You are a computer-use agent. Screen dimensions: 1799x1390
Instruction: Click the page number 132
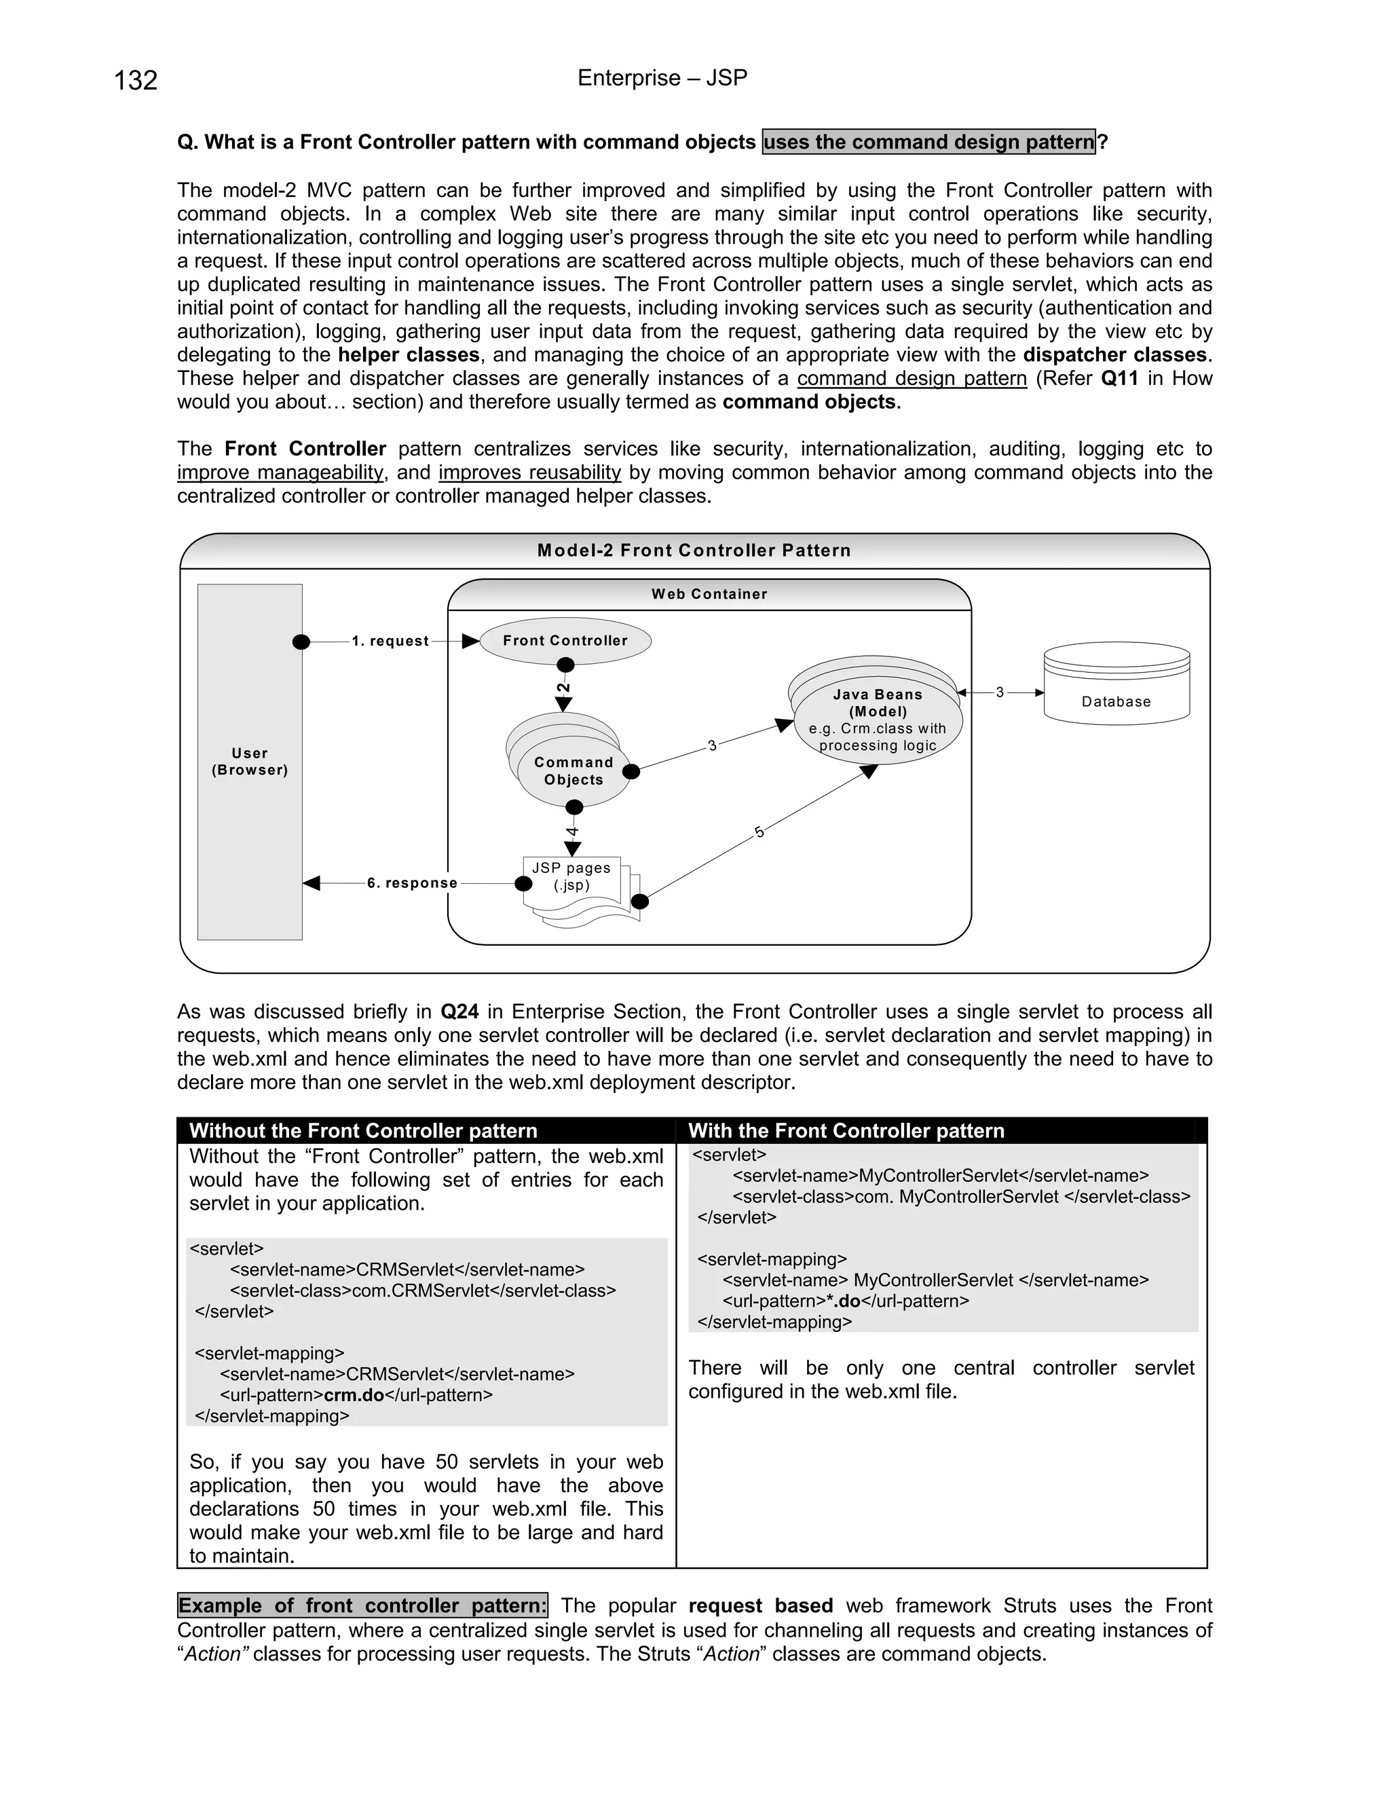[x=136, y=81]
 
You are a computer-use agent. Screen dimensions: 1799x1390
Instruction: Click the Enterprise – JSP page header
[x=662, y=78]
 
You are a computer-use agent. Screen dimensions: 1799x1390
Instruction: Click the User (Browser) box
[x=250, y=761]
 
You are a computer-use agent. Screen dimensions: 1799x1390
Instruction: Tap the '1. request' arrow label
[x=390, y=642]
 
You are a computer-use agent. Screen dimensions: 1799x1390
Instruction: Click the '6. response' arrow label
[x=412, y=883]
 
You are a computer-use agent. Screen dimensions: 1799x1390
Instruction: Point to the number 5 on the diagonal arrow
[x=759, y=833]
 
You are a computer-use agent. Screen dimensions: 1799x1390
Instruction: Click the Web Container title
[x=709, y=594]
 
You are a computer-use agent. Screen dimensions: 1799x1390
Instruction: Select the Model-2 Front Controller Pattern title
[x=694, y=551]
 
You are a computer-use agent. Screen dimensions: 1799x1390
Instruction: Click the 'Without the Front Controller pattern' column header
[x=363, y=1130]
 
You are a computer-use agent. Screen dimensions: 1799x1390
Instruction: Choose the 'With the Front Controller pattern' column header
[x=846, y=1130]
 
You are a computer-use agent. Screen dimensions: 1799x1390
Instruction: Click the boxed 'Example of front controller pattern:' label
[x=362, y=1606]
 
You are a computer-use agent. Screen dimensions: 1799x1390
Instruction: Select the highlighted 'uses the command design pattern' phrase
[x=929, y=142]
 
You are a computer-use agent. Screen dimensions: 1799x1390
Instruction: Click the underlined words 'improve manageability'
[x=280, y=472]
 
